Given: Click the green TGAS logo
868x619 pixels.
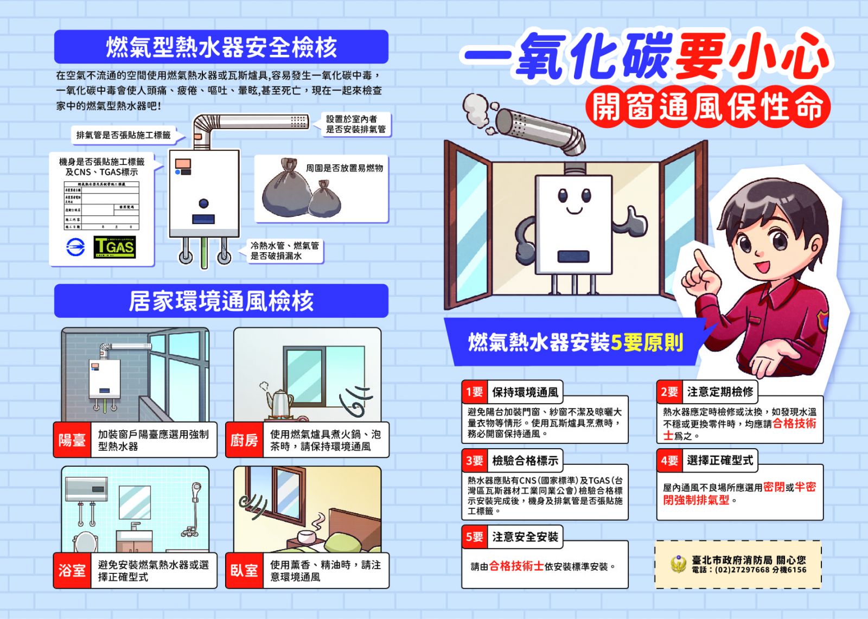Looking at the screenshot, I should [x=114, y=247].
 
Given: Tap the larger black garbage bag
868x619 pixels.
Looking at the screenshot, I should [x=286, y=189].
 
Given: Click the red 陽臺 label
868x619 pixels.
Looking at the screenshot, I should [x=72, y=440].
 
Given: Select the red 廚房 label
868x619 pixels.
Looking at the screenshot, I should [x=244, y=440].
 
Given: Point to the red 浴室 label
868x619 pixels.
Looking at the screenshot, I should [x=72, y=570].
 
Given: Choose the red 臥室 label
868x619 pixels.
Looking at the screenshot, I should [x=244, y=570].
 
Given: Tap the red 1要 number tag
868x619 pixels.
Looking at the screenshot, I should [x=474, y=392].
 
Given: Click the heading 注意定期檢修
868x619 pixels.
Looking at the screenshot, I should [x=720, y=392].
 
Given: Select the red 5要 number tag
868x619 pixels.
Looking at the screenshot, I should [x=474, y=537].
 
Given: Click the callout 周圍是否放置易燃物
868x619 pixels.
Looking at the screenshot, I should [x=344, y=168].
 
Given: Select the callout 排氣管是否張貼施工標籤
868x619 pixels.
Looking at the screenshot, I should [x=124, y=135].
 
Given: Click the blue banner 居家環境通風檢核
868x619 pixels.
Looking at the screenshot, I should [x=221, y=301].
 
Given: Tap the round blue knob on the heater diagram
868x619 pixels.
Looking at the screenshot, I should [x=203, y=203].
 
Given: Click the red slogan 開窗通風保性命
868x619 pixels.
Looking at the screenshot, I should [x=707, y=107].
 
